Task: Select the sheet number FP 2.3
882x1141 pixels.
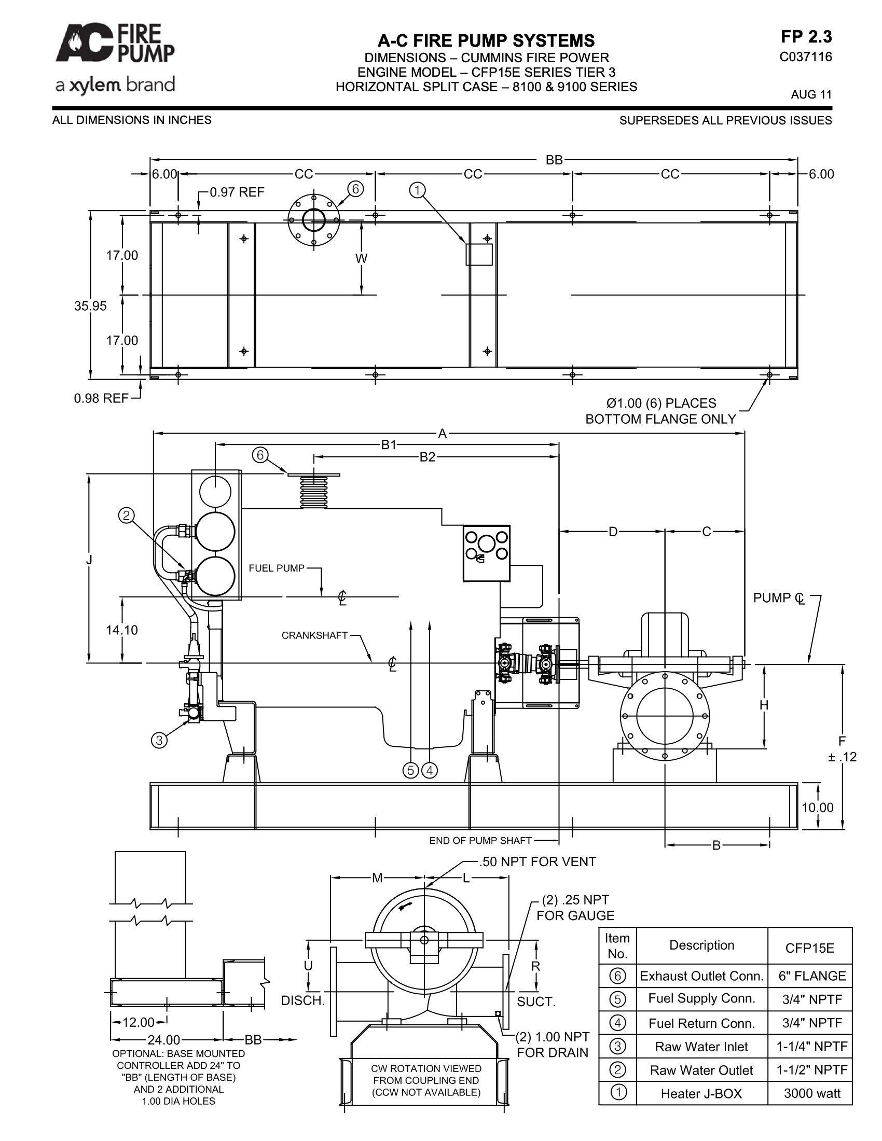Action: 806,37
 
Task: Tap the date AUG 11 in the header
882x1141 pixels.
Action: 811,94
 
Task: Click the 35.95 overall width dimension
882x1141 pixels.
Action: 90,306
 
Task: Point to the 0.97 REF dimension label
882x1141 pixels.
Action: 237,192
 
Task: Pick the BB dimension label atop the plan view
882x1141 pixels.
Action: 554,160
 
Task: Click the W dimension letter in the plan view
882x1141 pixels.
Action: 361,258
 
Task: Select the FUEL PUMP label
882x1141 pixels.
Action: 277,568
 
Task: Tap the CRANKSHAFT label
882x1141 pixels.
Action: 314,635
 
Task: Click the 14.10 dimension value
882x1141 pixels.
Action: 122,630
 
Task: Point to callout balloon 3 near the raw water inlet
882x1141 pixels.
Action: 159,740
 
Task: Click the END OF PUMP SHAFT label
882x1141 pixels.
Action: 480,841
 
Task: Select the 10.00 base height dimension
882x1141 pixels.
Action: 818,808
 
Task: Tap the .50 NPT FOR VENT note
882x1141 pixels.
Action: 537,862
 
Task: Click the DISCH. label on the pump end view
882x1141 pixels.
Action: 303,1000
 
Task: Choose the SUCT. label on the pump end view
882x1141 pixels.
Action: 536,1001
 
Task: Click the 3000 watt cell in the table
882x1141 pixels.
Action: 812,1093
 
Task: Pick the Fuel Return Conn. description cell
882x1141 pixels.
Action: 702,1023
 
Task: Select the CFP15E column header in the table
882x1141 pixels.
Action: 810,948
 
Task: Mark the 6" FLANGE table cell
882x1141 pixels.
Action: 812,976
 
